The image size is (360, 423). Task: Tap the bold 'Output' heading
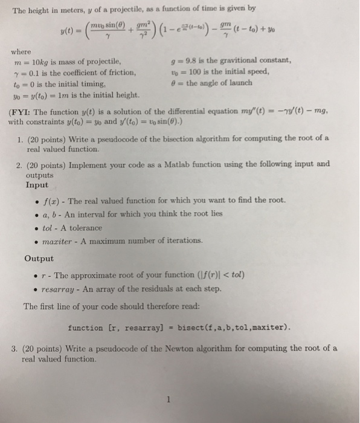pyautogui.click(x=39, y=258)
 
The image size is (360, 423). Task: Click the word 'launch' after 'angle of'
pyautogui.click(x=239, y=82)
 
